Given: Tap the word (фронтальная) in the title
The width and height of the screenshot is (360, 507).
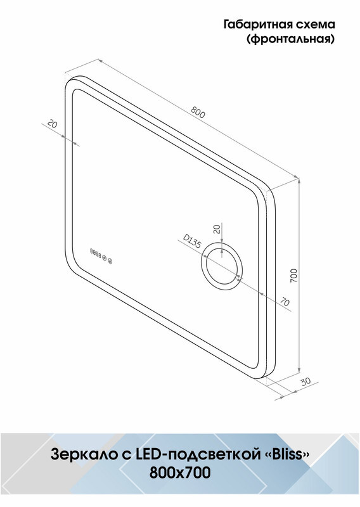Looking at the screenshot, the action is [290, 39].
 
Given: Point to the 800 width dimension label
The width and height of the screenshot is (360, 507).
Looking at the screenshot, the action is [198, 112].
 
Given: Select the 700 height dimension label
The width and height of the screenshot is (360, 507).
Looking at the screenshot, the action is [293, 276].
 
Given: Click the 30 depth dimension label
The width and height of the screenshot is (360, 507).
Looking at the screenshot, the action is [305, 382].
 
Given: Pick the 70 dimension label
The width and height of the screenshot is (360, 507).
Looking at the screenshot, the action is [285, 302].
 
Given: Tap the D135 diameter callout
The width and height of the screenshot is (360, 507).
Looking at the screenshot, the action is [192, 241].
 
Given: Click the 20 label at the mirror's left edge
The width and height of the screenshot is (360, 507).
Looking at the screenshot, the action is [53, 124].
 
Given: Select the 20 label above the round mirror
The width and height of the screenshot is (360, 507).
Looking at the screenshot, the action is [217, 229].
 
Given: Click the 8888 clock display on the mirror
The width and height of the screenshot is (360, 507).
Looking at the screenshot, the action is [96, 252].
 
